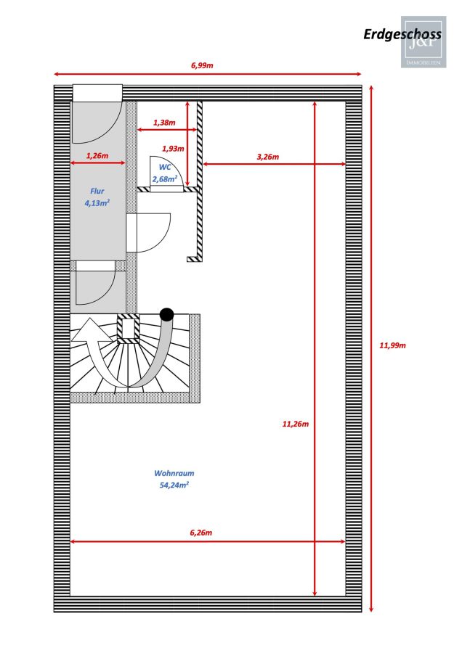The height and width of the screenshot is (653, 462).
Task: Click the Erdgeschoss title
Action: tap(402, 35)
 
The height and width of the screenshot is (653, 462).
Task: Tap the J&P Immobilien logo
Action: tap(423, 42)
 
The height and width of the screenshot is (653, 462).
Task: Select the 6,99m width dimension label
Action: tap(202, 65)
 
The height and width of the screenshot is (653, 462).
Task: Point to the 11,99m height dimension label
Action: tap(392, 345)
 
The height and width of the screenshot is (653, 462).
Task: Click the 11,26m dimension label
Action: tap(296, 424)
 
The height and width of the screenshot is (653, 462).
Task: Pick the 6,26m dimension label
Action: tap(201, 533)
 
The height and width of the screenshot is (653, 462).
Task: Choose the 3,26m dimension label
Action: tap(268, 157)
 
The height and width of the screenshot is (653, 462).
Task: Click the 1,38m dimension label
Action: tap(164, 123)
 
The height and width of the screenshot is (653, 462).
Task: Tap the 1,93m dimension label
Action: tap(173, 148)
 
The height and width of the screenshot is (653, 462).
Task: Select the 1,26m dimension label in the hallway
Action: tap(97, 156)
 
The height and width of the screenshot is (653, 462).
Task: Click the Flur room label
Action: tap(97, 191)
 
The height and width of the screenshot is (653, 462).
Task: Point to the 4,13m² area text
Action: tap(97, 203)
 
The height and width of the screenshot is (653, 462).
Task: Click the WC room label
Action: tap(165, 167)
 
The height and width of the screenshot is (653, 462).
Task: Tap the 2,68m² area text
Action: tap(165, 179)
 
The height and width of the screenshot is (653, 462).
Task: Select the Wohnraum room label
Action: tap(174, 473)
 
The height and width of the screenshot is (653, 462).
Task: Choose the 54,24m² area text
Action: tap(174, 485)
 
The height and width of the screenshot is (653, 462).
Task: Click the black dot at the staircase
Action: tap(167, 314)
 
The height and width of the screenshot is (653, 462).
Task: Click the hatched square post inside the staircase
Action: tap(129, 329)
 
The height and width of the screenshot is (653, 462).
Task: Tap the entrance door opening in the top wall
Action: tap(97, 93)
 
